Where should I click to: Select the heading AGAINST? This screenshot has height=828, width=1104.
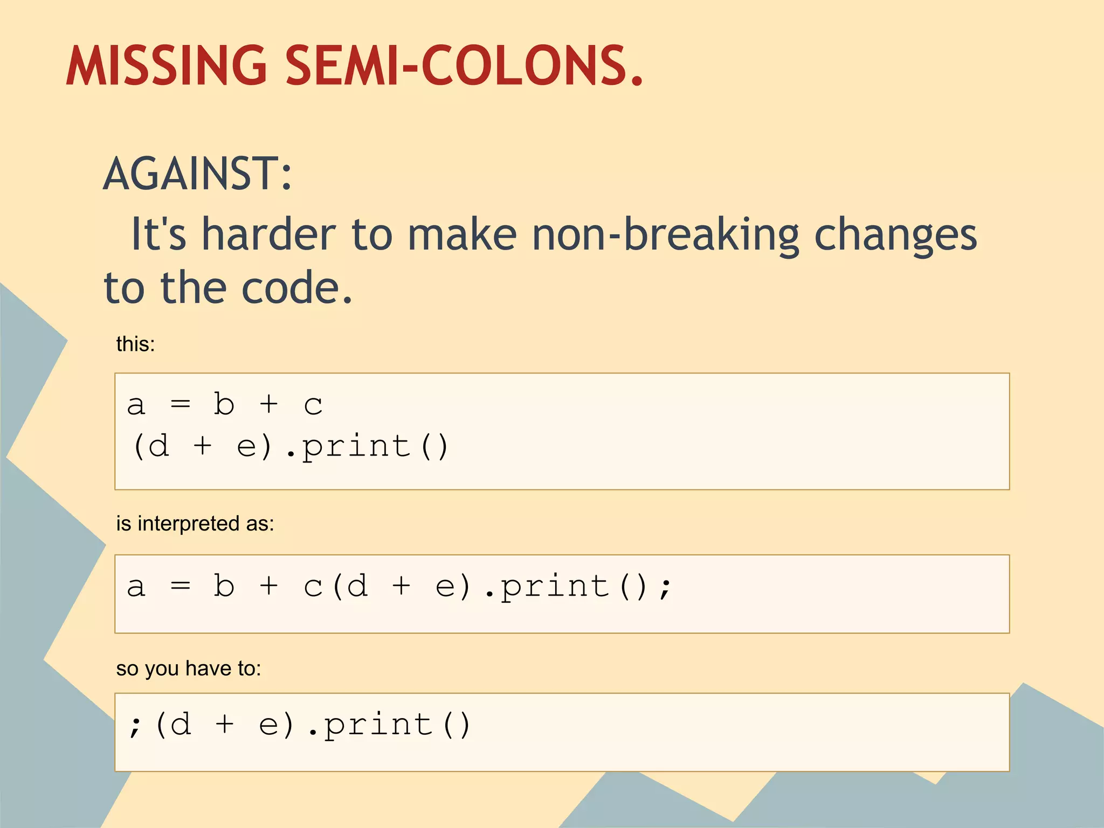197,174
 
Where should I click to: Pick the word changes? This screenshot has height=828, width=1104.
895,236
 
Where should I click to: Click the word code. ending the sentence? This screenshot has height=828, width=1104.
296,288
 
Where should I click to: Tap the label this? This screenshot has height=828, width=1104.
135,344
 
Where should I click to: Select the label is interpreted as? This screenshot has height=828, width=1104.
195,523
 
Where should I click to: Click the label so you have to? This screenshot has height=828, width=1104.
189,668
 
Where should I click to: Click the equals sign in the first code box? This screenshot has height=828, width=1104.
180,404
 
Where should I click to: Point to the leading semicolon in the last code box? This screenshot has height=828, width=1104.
135,726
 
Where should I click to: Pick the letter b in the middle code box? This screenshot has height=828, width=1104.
224,586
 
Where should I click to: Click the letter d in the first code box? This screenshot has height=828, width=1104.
158,446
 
